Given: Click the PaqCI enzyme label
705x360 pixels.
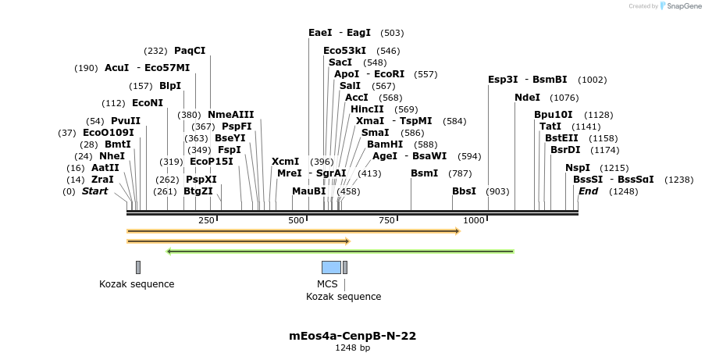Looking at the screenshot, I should (x=190, y=51).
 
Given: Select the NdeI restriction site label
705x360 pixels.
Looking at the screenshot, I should (x=527, y=98).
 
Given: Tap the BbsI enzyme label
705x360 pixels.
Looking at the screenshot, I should (x=464, y=191).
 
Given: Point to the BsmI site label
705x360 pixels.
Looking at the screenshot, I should (x=425, y=173).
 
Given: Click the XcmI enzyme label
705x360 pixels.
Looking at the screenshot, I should (x=285, y=162).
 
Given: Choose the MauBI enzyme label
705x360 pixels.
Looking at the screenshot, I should (x=308, y=191).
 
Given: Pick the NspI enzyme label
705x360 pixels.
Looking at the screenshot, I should (x=578, y=168).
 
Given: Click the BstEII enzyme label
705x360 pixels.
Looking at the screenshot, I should (x=561, y=138).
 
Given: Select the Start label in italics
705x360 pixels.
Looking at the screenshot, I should (x=94, y=191).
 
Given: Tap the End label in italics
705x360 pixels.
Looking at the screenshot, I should (x=588, y=191).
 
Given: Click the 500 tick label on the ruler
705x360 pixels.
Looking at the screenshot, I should (x=297, y=221).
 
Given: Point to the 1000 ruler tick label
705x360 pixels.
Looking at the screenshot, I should (x=474, y=221).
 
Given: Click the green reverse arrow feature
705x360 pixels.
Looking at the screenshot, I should (x=340, y=251).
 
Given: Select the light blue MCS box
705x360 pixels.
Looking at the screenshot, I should (x=331, y=268).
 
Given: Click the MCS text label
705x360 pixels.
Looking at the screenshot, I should (x=327, y=284).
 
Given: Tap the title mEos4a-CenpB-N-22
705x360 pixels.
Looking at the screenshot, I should (x=352, y=336).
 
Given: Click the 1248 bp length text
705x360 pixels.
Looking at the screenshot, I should (x=352, y=348).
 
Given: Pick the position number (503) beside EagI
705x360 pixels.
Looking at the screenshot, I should (x=392, y=33).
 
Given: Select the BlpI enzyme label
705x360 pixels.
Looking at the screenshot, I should (x=169, y=86).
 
